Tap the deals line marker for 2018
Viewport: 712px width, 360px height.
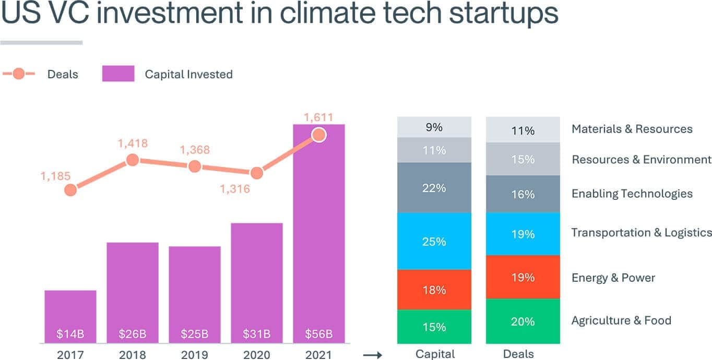click(133, 160)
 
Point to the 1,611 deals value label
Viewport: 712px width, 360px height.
click(319, 117)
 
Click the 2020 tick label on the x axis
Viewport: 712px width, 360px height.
click(257, 355)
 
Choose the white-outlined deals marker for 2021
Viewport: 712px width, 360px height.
click(319, 136)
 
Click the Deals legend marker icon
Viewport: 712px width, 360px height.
click(19, 74)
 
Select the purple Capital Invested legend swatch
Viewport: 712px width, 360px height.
click(118, 74)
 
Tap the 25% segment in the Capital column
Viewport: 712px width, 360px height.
click(434, 241)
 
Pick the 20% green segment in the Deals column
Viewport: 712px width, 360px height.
click(523, 321)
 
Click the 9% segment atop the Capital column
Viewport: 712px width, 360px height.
click(434, 127)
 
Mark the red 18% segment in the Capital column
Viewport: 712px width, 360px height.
click(434, 290)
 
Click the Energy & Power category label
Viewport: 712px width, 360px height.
click(613, 278)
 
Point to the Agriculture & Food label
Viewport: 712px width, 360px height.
click(621, 320)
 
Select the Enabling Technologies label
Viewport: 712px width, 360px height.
click(632, 194)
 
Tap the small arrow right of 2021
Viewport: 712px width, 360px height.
click(373, 355)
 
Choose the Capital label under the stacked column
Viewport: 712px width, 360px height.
click(435, 354)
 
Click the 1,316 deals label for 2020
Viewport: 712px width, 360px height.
click(235, 189)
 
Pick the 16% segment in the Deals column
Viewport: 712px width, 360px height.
click(523, 194)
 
